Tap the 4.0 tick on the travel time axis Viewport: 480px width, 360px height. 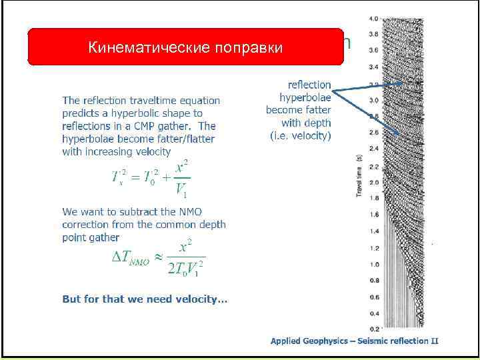(x=374, y=18)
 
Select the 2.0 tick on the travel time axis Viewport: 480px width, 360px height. (x=374, y=182)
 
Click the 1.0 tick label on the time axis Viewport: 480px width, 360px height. (x=374, y=263)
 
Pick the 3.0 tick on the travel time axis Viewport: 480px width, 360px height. (x=374, y=100)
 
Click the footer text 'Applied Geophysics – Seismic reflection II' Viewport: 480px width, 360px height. (x=354, y=341)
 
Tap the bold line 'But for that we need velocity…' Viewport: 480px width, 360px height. (x=145, y=299)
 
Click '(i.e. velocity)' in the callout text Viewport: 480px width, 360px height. (x=300, y=135)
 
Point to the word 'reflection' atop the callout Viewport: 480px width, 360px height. (x=309, y=85)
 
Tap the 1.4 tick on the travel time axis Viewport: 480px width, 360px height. (x=374, y=231)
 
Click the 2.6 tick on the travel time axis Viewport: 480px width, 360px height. (x=374, y=133)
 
